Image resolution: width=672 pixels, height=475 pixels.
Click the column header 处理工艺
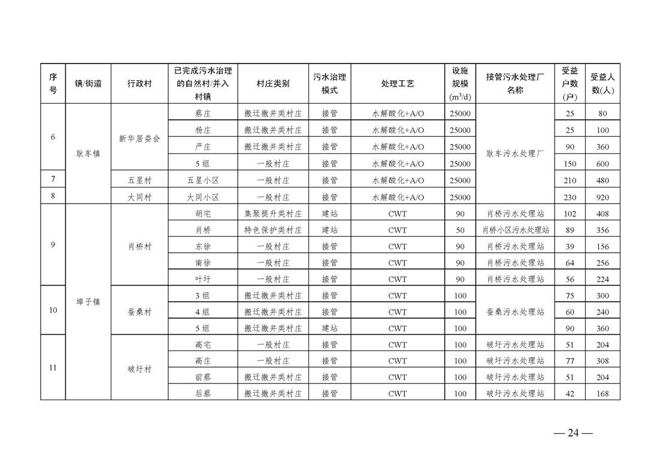397,84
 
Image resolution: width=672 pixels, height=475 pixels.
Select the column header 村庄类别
273,84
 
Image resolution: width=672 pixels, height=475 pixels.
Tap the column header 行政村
140,84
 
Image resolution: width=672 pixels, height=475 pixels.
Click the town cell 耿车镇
88,154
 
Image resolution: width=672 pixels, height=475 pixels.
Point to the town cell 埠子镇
88,302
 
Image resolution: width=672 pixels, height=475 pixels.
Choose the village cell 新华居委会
140,138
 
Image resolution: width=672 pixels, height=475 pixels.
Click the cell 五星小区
202,180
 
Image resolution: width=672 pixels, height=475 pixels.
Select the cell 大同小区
202,197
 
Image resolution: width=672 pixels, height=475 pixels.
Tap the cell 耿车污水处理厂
515,154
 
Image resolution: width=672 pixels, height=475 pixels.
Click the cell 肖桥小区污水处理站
515,230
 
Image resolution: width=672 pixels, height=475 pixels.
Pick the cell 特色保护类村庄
273,230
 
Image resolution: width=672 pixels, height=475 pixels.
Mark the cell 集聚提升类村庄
273,214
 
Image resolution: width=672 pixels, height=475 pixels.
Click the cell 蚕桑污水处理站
515,312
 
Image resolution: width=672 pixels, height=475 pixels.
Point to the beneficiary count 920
603,197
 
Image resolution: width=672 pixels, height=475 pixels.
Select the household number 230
570,197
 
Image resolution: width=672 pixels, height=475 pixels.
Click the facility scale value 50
460,230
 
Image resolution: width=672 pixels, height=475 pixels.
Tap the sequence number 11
53,368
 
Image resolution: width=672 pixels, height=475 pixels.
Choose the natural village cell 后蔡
202,394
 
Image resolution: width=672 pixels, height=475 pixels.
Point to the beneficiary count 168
603,394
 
